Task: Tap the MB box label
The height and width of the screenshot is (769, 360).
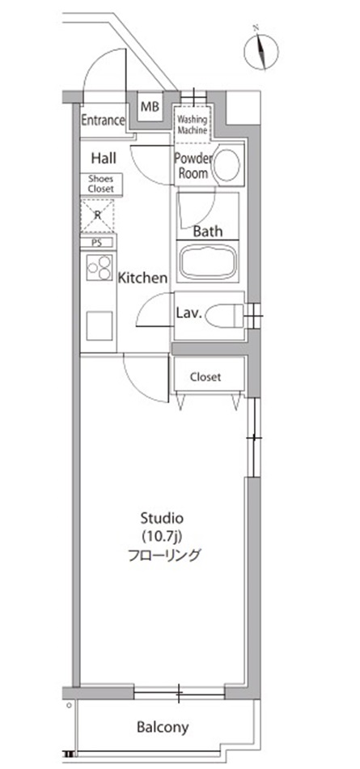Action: (x=150, y=107)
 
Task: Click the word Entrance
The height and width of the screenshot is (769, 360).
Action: (x=103, y=121)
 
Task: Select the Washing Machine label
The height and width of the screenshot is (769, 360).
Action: (x=193, y=124)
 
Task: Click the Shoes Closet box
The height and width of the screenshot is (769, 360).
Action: (x=101, y=184)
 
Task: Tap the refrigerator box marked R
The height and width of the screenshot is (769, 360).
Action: (x=97, y=215)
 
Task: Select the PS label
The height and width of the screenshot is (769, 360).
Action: (x=97, y=241)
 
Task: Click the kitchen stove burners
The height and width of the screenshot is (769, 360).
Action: (x=99, y=267)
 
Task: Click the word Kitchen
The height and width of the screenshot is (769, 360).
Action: (x=143, y=278)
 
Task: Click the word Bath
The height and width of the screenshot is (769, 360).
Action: (x=208, y=231)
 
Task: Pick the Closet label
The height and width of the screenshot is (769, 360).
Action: (x=205, y=377)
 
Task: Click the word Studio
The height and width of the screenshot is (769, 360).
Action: (x=163, y=517)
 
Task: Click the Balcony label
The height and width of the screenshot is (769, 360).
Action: (x=163, y=727)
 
